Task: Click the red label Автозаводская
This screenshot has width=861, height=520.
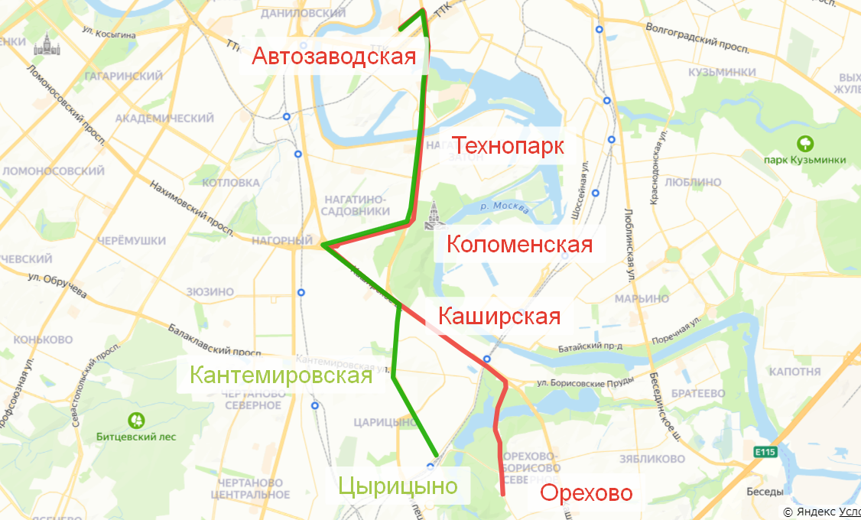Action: tap(334, 57)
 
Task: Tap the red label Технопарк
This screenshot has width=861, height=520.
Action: tap(508, 145)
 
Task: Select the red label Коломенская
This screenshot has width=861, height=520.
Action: tap(519, 245)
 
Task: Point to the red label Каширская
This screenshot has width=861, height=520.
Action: tap(499, 316)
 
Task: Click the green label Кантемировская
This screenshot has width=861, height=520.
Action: tap(281, 375)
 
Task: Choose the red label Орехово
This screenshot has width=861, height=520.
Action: tap(586, 492)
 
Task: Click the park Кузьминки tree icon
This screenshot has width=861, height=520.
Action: tap(804, 143)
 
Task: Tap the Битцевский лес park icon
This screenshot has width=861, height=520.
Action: tap(136, 419)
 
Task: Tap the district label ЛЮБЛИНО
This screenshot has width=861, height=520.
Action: tap(693, 183)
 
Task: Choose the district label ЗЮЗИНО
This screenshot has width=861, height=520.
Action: tap(210, 291)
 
